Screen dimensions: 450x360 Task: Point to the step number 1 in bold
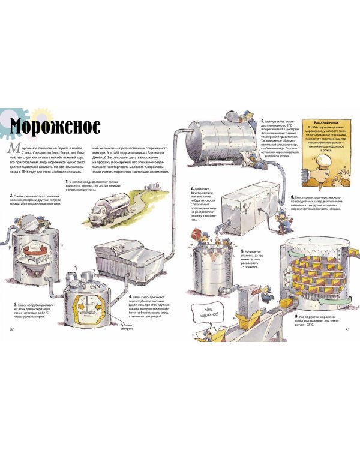67,180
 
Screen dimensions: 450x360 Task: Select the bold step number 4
130,296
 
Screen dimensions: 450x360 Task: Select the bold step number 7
191,188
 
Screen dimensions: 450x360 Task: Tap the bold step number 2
11,195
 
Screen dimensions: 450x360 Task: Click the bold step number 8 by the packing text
242,251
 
